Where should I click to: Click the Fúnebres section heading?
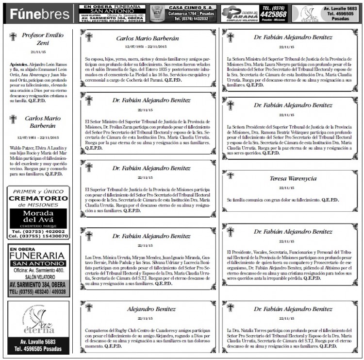click(x=40, y=14)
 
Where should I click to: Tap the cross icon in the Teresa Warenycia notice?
click(x=230, y=175)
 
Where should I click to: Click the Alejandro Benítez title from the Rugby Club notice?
click(x=151, y=309)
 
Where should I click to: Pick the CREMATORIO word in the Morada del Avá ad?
click(x=38, y=199)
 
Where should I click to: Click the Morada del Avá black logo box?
click(x=38, y=218)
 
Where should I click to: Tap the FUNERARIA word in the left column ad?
click(x=37, y=256)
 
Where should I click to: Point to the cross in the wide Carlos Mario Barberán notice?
click(x=88, y=37)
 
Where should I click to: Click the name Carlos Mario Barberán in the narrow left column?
click(x=43, y=121)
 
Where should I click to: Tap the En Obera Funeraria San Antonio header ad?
click(x=112, y=13)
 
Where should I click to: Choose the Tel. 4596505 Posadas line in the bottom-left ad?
click(x=38, y=348)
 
